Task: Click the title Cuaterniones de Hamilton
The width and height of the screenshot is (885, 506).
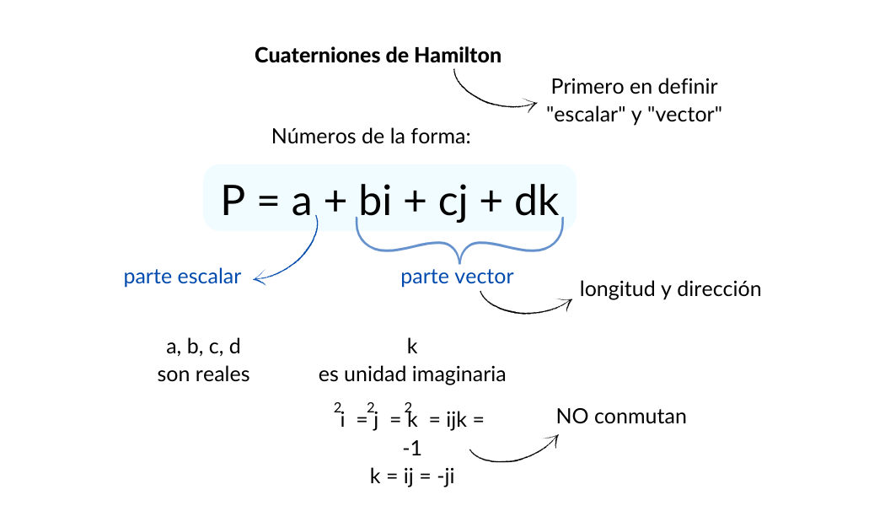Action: click(x=378, y=57)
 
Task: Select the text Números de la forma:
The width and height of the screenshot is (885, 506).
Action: click(x=370, y=137)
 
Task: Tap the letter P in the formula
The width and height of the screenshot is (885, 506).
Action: click(x=233, y=202)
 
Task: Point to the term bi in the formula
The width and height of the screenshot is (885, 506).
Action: click(x=374, y=202)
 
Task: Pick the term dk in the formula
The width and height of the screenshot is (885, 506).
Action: click(x=536, y=202)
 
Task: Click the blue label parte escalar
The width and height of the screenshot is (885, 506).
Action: click(x=182, y=277)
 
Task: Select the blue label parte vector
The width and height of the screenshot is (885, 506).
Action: click(x=457, y=277)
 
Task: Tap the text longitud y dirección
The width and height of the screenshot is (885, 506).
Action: click(x=670, y=289)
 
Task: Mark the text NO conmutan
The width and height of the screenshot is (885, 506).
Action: click(x=621, y=417)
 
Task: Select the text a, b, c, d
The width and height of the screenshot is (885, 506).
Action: click(x=203, y=346)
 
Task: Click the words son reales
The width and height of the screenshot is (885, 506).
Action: click(x=203, y=374)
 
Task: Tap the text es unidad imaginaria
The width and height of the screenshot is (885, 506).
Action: click(x=412, y=374)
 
